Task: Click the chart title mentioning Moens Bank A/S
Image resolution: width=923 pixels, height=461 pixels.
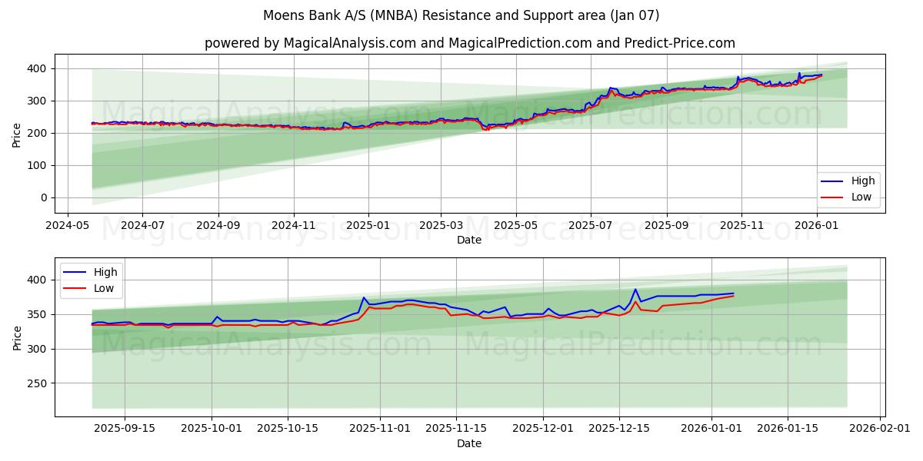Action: click(461, 15)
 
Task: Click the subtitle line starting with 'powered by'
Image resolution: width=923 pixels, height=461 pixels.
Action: click(469, 43)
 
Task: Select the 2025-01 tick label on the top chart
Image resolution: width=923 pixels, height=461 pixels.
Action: click(368, 226)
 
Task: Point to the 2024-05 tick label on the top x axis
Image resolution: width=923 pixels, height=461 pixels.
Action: click(67, 226)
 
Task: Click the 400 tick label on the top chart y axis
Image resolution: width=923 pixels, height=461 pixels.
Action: click(37, 68)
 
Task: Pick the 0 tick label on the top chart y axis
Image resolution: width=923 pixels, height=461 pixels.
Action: click(44, 197)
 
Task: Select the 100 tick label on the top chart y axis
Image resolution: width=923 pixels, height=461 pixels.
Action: click(37, 165)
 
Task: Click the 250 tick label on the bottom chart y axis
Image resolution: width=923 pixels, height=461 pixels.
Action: click(37, 383)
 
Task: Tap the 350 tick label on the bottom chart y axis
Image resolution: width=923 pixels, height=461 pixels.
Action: click(37, 314)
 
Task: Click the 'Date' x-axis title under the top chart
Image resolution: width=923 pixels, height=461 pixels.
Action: click(469, 240)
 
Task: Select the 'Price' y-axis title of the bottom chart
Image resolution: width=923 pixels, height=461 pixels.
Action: click(17, 337)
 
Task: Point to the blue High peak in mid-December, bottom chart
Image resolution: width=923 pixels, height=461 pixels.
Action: click(635, 290)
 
